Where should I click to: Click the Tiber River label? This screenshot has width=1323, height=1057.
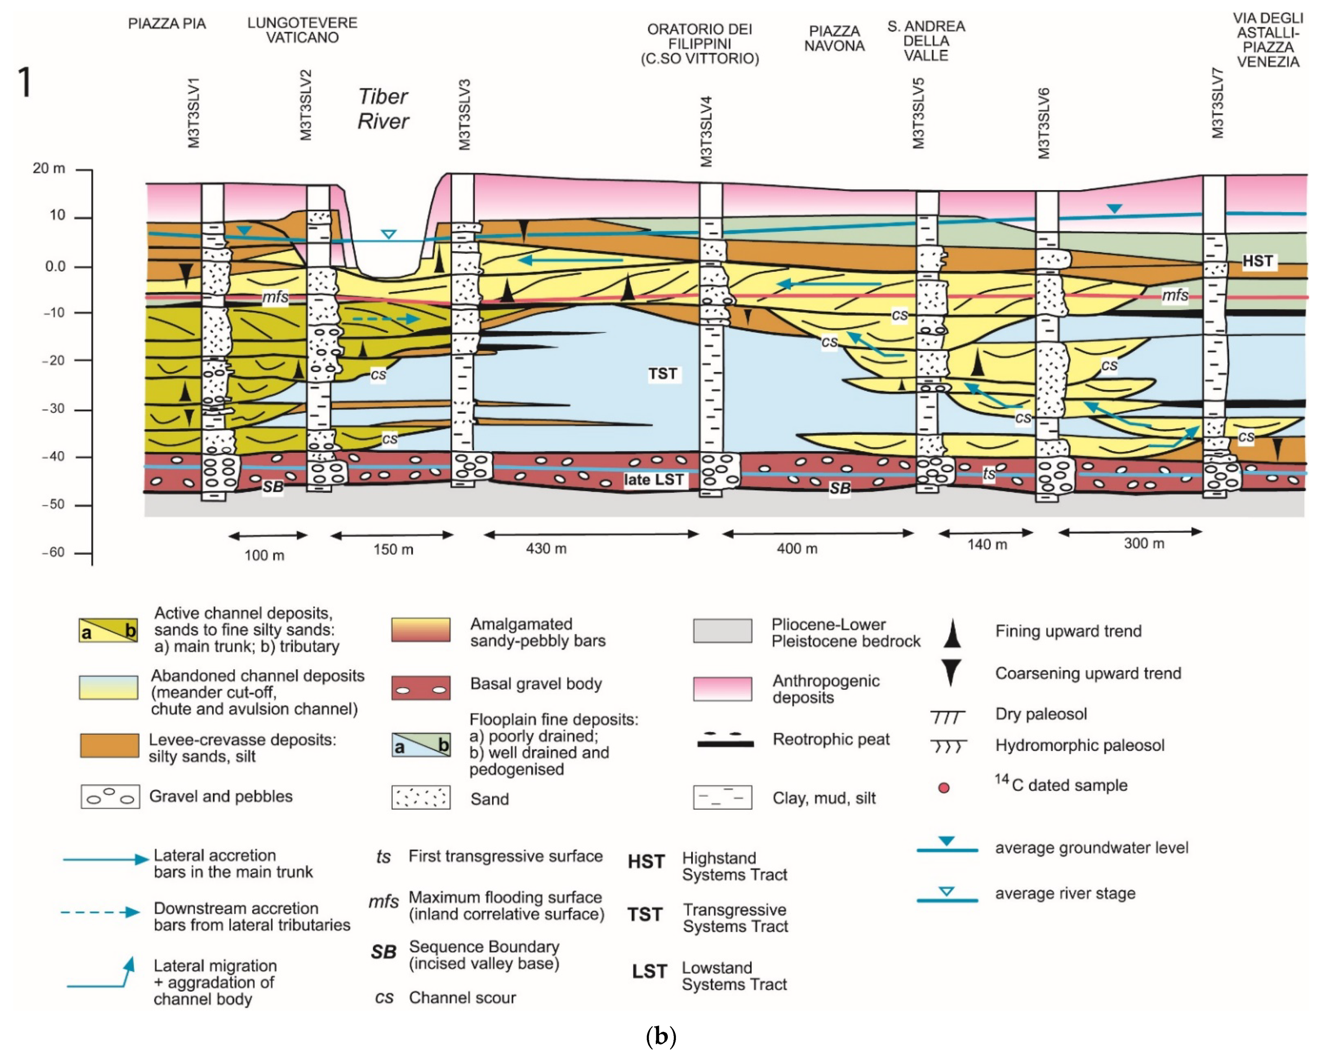(x=383, y=109)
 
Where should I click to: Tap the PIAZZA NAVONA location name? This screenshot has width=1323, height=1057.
(x=834, y=38)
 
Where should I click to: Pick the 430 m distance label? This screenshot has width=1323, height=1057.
(x=546, y=548)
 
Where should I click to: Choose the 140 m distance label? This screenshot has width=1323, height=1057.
(x=987, y=545)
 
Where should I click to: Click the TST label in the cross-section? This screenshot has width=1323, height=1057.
(x=663, y=374)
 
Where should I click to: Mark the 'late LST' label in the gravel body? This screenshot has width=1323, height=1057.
(x=654, y=480)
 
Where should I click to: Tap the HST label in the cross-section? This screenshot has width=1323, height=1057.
(x=1257, y=261)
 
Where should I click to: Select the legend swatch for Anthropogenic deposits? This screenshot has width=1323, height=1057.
(x=722, y=688)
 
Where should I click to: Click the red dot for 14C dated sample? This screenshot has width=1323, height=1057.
(x=944, y=788)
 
